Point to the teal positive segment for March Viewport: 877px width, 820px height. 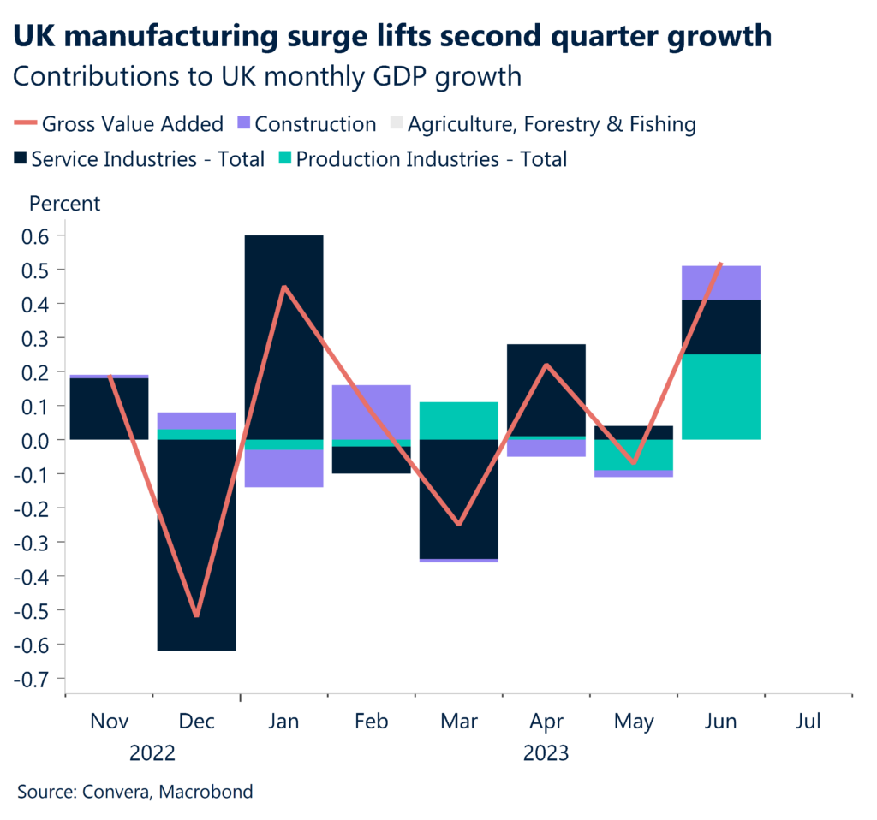[x=458, y=420]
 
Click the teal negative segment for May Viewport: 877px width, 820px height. [x=634, y=455]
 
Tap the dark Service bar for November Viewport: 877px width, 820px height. [x=109, y=408]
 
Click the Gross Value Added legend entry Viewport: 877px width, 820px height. [x=120, y=124]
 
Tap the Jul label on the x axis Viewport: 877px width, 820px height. [x=808, y=721]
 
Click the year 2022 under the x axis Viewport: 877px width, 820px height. [x=152, y=753]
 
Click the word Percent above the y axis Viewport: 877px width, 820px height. [x=65, y=204]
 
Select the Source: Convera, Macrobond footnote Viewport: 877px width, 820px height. [x=134, y=792]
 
